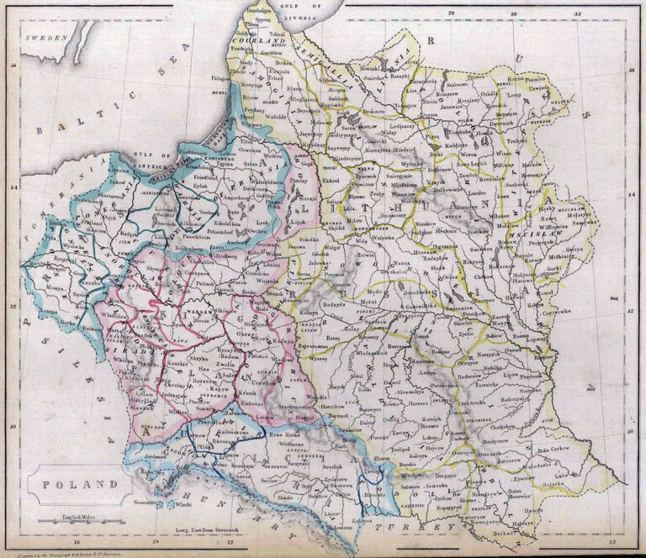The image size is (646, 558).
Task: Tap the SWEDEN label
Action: pyautogui.click(x=46, y=38)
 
